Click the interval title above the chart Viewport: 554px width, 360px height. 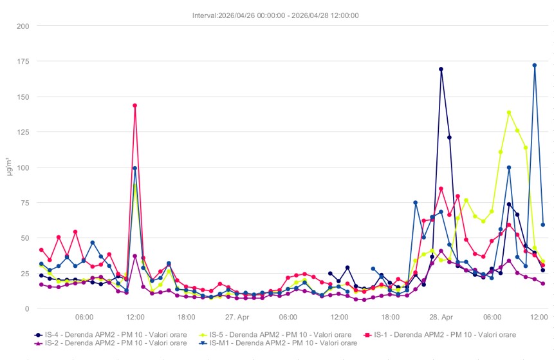coord(276,15)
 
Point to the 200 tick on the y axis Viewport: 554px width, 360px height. coord(24,26)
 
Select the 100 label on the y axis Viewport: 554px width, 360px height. coord(24,167)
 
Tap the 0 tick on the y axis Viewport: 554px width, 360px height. coord(28,308)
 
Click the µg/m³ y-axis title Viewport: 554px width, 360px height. coord(8,167)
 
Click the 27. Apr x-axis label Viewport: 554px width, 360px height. coord(237,317)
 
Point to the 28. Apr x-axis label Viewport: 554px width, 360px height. coord(441,317)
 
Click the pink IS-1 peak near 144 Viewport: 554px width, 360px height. coord(135,105)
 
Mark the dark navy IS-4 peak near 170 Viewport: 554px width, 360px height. coord(441,69)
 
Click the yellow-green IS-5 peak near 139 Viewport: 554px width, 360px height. coord(509,113)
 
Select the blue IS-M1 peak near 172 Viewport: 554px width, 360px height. coord(535,65)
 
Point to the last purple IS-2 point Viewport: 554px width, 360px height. coord(543,283)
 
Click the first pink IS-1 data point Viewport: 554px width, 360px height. coord(41,250)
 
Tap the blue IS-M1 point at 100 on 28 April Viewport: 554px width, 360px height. coord(509,167)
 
